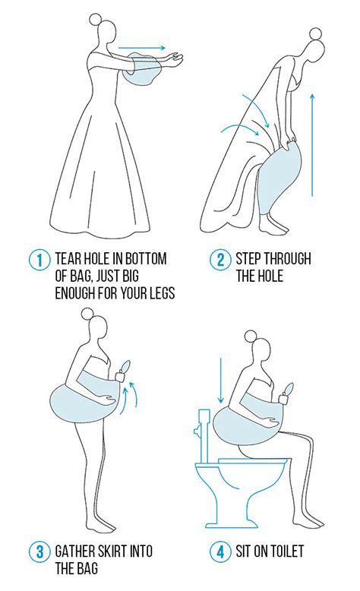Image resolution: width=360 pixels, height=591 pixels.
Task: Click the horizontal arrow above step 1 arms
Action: tap(142, 48)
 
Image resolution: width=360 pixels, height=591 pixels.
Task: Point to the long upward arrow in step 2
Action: tap(311, 146)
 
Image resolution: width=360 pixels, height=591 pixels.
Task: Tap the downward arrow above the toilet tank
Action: tap(220, 381)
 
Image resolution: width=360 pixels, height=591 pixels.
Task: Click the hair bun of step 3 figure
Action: tap(87, 314)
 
